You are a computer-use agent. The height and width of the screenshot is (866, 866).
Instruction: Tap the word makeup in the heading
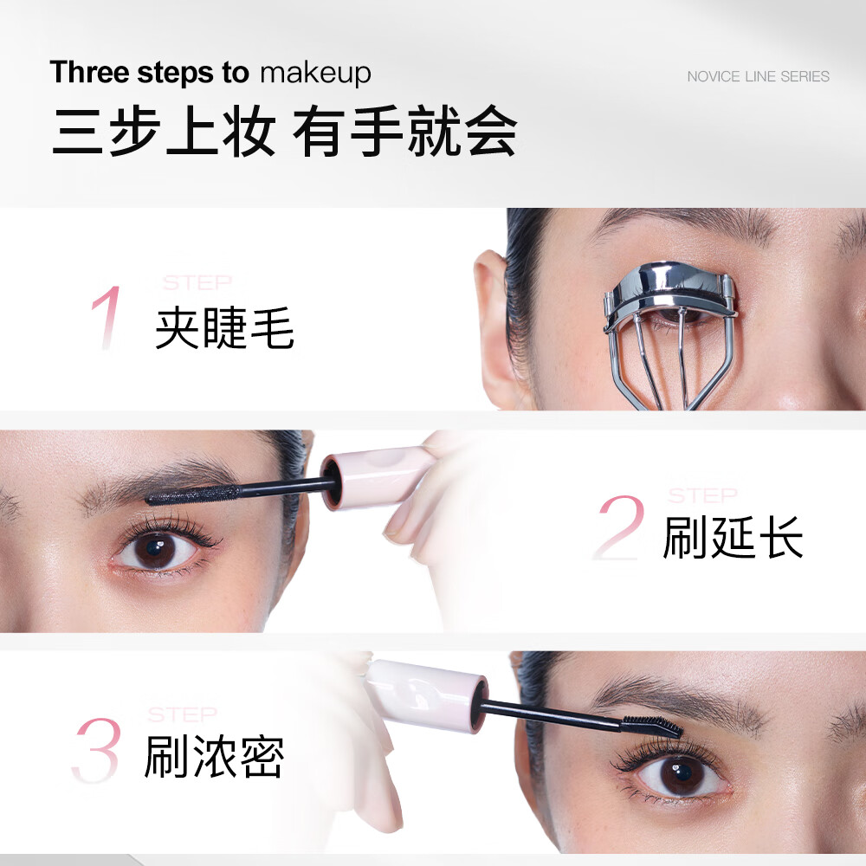(x=315, y=74)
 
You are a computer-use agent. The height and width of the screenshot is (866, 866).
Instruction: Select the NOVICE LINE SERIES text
(x=758, y=76)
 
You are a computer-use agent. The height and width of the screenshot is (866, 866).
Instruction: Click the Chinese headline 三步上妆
(x=164, y=132)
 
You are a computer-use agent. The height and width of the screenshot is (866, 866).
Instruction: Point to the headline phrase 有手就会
(x=404, y=132)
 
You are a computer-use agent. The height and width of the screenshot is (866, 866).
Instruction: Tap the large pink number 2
(x=618, y=528)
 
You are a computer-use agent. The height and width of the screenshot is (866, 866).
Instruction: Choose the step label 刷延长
(x=733, y=538)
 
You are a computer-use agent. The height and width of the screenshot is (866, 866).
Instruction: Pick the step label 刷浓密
(x=214, y=756)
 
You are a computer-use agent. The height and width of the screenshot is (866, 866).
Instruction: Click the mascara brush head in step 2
(x=191, y=494)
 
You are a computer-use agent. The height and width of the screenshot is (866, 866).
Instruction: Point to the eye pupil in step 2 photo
(x=157, y=547)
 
